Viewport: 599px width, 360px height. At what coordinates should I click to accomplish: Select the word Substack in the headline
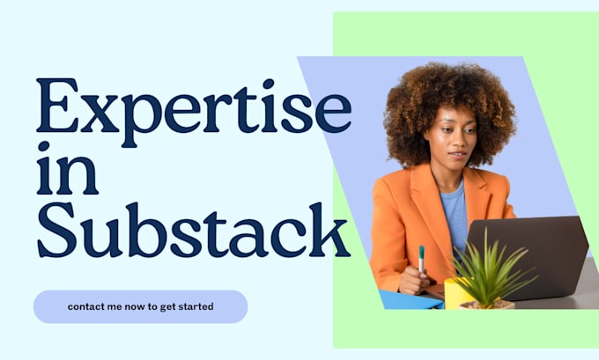(x=193, y=230)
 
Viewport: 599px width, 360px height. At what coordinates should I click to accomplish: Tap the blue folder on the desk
(x=410, y=299)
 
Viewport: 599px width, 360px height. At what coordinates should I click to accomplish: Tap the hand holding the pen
(x=415, y=280)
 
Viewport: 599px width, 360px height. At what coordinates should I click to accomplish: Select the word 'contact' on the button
(x=85, y=307)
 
